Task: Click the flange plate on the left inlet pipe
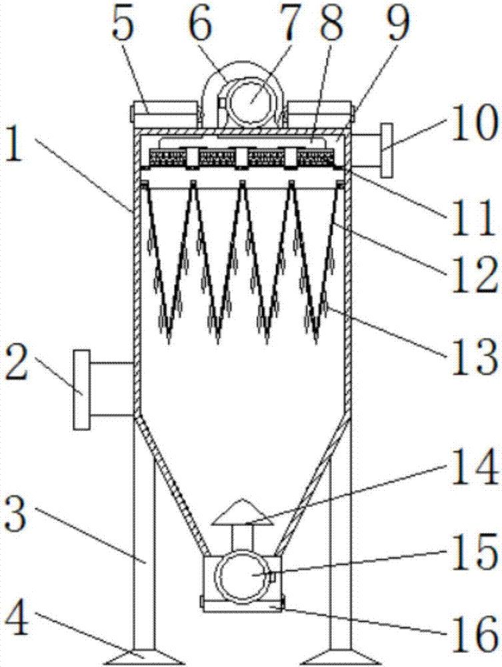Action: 81,390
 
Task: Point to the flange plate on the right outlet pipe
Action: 387,150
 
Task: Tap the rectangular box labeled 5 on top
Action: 165,113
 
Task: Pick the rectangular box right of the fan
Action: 319,113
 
